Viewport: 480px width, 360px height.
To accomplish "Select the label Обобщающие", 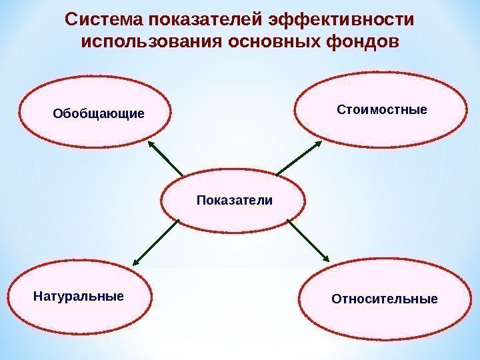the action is click(x=98, y=113).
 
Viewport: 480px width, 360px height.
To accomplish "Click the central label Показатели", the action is click(x=235, y=200).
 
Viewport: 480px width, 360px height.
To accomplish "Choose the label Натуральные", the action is click(x=79, y=295).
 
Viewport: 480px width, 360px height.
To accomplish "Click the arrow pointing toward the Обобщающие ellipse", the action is click(x=165, y=159).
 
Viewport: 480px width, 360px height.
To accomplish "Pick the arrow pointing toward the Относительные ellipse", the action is click(x=308, y=241).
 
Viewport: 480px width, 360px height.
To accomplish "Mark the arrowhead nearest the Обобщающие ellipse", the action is click(x=151, y=144).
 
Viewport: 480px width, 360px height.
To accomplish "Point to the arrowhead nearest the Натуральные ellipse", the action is click(x=136, y=262).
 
